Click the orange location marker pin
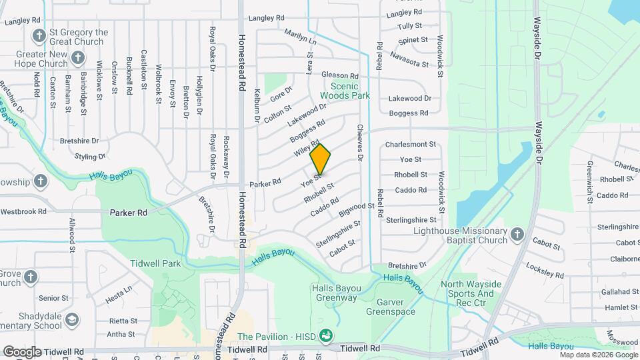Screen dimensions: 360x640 pyautogui.click(x=321, y=159)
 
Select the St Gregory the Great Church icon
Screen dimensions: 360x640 pyautogui.click(x=39, y=35)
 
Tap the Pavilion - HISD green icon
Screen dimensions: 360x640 pyautogui.click(x=325, y=335)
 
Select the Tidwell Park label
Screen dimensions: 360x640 pyautogui.click(x=155, y=263)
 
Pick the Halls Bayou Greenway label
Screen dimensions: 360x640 pyautogui.click(x=337, y=292)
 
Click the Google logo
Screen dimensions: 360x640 pyautogui.click(x=22, y=351)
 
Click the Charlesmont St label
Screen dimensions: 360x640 pyautogui.click(x=410, y=144)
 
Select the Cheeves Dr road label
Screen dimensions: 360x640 pyautogui.click(x=359, y=143)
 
